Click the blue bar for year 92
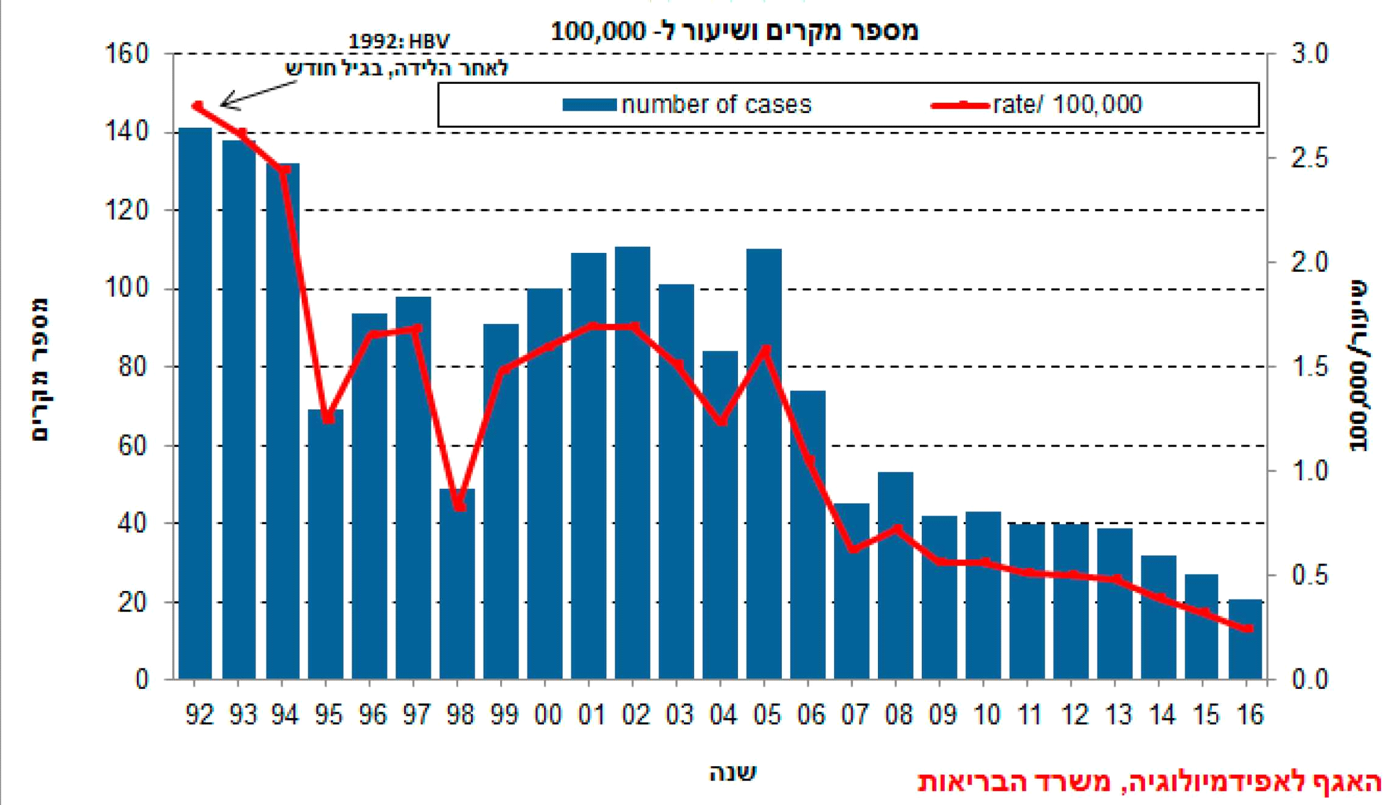click(195, 401)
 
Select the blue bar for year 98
click(458, 584)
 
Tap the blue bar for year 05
click(764, 462)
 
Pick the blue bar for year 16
click(1245, 638)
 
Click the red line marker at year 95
click(328, 418)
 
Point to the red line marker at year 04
click(722, 421)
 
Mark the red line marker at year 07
click(853, 548)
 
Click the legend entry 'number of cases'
click(688, 105)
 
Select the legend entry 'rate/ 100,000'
click(1037, 105)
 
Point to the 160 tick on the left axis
click(127, 54)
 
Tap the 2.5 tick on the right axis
click(1309, 158)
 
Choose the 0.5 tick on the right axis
click(1309, 575)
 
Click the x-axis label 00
click(548, 714)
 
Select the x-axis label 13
click(1117, 714)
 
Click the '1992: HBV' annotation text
click(399, 41)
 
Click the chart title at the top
click(734, 30)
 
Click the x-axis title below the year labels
click(733, 773)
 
